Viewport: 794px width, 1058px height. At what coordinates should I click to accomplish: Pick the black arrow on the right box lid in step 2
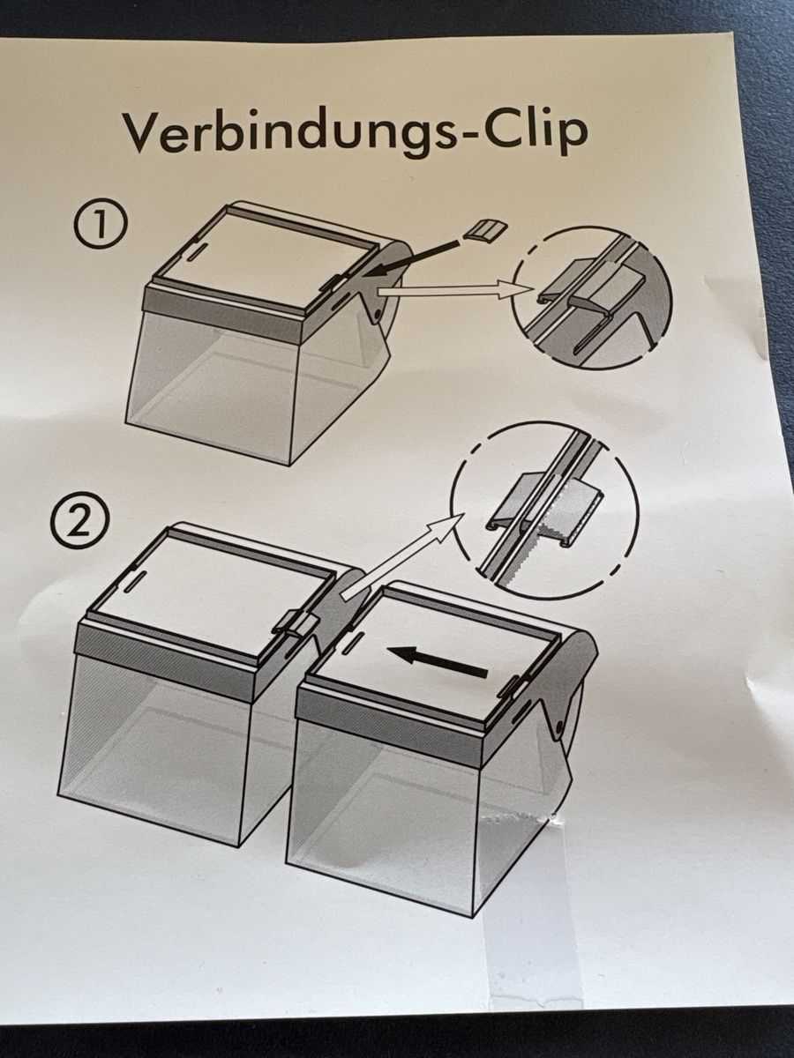click(x=438, y=660)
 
